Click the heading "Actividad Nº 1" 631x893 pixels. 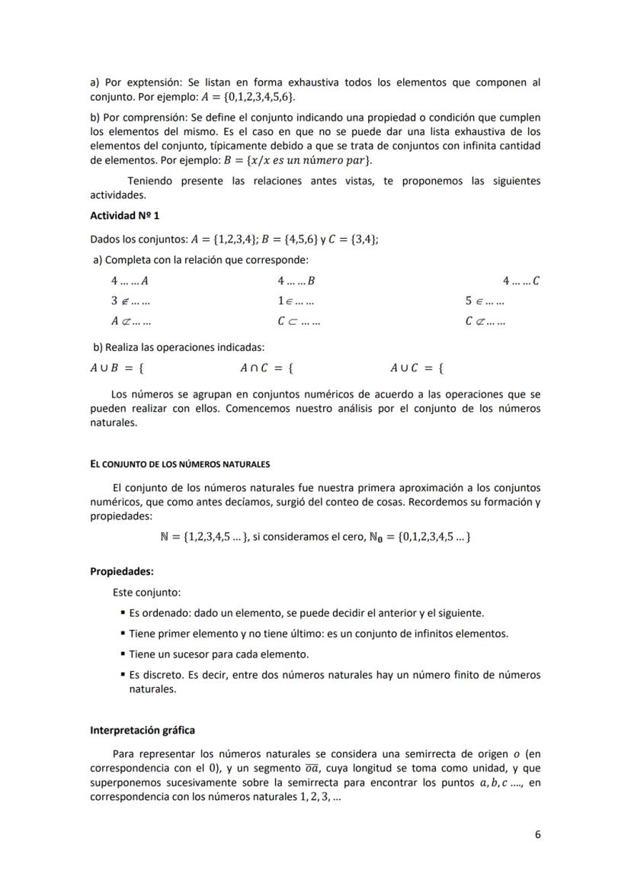coord(124,216)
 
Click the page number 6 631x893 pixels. coord(537,834)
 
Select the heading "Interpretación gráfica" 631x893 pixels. coord(142,730)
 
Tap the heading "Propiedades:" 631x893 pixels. coord(122,571)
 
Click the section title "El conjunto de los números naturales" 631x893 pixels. coord(180,464)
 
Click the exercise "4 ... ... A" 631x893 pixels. coord(129,281)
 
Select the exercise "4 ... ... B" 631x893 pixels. coord(296,281)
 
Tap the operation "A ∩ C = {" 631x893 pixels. coord(267,368)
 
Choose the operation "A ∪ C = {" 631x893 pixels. coord(418,368)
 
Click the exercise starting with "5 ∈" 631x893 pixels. coord(485,301)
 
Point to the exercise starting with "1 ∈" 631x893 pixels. coord(296,301)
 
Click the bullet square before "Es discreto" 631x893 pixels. coord(123,675)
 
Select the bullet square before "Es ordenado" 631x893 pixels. coord(123,613)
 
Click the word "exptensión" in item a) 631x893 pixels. coord(152,82)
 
